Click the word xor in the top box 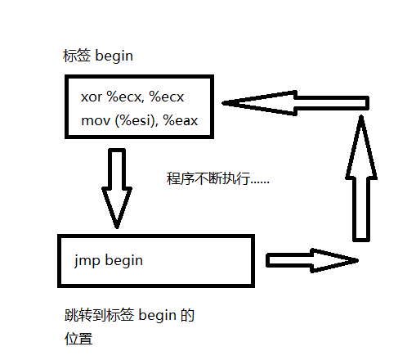(x=92, y=97)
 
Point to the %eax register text (x=181, y=120)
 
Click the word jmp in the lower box (x=87, y=261)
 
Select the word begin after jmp (x=124, y=260)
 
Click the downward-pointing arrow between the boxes (x=117, y=188)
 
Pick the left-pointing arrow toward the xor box (x=295, y=103)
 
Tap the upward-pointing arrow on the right (x=361, y=178)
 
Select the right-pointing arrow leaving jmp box (x=312, y=260)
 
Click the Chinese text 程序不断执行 (x=208, y=178)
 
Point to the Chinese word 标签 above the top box (x=77, y=56)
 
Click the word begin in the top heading (x=114, y=56)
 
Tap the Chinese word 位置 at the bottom (x=78, y=339)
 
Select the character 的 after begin (x=187, y=315)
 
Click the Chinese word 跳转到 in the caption (x=85, y=315)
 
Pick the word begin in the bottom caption (x=158, y=316)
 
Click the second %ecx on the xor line (x=167, y=97)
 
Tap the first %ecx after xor (x=124, y=97)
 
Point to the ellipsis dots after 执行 (x=260, y=182)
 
